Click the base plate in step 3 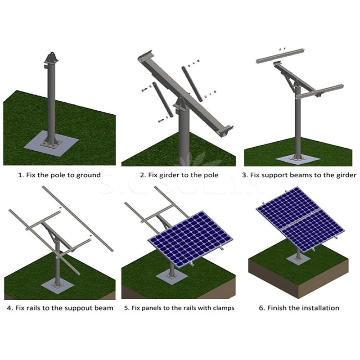tap(297, 158)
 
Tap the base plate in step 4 tap(57, 286)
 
